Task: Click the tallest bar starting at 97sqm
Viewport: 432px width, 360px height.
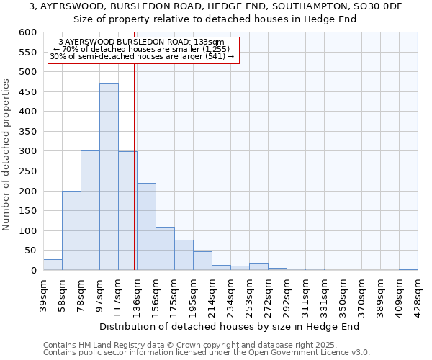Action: [x=109, y=176]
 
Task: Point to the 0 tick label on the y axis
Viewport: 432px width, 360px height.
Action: [x=33, y=271]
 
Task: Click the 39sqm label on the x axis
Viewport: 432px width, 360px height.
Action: [x=44, y=292]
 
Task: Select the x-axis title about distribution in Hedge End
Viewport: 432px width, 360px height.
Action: [x=229, y=326]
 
